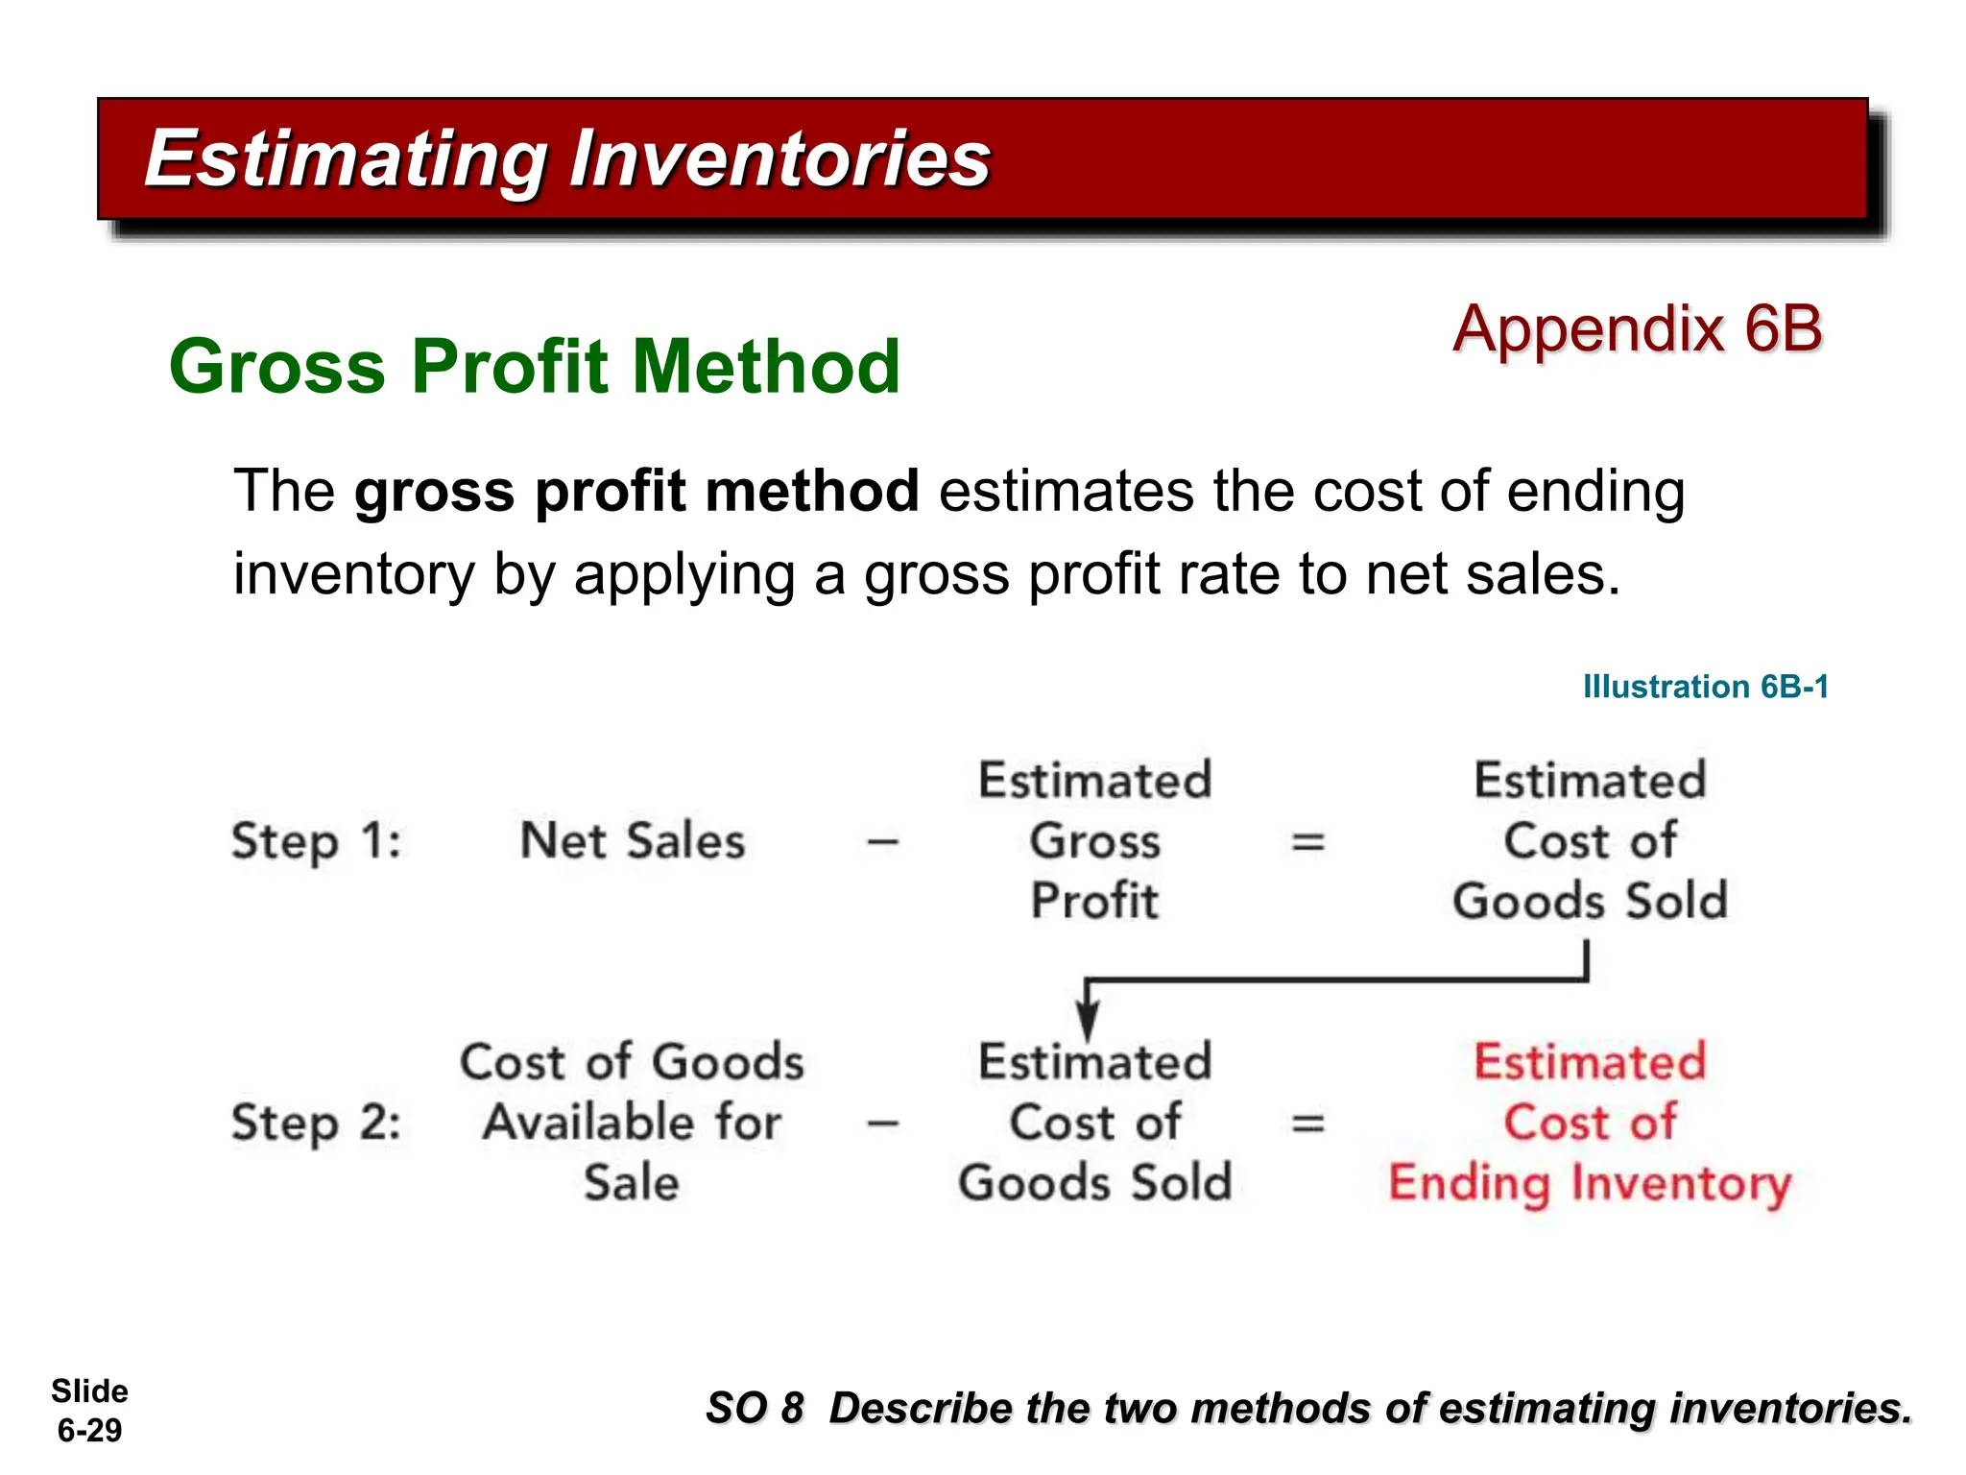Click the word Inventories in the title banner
point(779,159)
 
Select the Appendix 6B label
point(1637,328)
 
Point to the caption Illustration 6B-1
point(1705,687)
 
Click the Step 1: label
point(316,841)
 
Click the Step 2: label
point(316,1123)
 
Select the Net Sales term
point(632,841)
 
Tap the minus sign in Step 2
point(882,1123)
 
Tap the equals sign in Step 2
point(1307,1123)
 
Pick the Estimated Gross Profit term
point(1094,841)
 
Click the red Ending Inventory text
point(1590,1183)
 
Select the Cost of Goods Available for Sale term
point(632,1122)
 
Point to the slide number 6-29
point(89,1431)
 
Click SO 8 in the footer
point(754,1409)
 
